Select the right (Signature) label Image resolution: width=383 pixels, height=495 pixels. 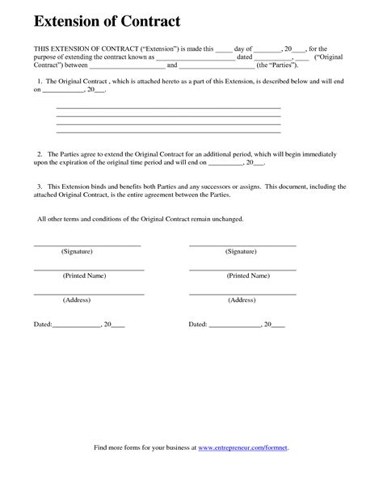tap(242, 252)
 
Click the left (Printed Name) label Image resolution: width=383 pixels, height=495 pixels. tap(85, 275)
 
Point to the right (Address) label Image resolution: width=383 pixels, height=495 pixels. tap(242, 300)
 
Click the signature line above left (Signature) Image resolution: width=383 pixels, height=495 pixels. tap(87, 245)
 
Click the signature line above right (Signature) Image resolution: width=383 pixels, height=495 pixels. tap(242, 245)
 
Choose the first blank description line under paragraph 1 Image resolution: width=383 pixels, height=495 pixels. tap(168, 107)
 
